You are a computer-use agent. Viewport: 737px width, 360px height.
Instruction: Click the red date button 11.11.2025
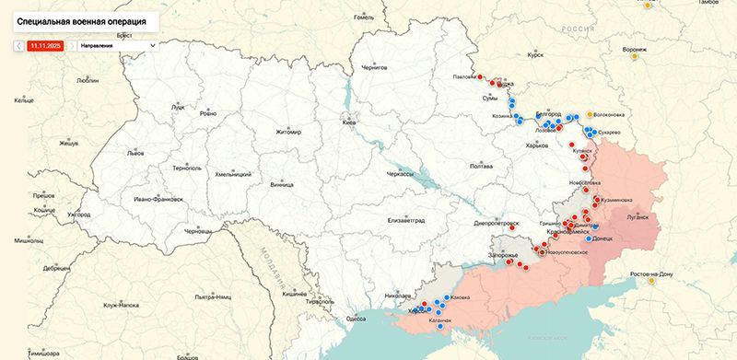(44, 44)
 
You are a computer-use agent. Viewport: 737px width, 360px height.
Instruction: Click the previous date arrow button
(18, 44)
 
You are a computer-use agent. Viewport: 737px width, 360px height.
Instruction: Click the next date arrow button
(71, 44)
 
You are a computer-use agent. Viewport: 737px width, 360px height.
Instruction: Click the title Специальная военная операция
(81, 18)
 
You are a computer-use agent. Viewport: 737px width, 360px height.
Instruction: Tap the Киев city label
(348, 122)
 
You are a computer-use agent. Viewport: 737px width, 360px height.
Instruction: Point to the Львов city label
(135, 153)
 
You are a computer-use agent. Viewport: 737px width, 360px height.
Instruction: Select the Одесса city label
(356, 318)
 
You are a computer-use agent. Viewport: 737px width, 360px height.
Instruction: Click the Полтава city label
(481, 167)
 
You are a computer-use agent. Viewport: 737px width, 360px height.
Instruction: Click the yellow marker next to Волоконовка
(590, 114)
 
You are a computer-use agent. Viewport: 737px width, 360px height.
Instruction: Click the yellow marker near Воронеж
(634, 57)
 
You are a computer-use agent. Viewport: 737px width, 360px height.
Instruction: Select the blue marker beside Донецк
(589, 238)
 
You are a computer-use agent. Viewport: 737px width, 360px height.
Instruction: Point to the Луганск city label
(638, 217)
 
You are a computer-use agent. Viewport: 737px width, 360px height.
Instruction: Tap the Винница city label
(281, 184)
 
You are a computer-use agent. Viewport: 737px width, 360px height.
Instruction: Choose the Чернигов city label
(375, 67)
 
